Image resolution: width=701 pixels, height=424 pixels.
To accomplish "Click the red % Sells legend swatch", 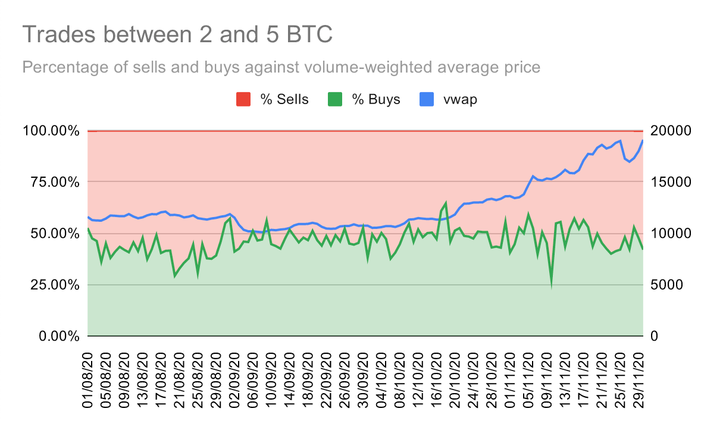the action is click(243, 99).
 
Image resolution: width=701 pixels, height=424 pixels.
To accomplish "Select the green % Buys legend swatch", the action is click(335, 99).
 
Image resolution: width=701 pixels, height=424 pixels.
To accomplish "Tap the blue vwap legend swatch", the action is click(427, 99).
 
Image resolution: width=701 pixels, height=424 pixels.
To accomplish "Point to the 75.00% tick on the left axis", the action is click(51, 183).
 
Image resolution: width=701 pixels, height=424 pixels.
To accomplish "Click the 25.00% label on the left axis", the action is click(51, 285).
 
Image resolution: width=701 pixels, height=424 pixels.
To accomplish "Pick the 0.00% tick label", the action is click(59, 336).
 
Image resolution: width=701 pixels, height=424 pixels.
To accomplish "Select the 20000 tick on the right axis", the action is click(671, 131).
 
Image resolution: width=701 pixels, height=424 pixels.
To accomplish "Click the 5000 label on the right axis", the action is click(666, 285).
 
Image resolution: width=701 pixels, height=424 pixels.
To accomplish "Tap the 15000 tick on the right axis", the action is click(671, 183).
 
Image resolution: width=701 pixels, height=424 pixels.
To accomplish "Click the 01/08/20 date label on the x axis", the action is click(87, 381).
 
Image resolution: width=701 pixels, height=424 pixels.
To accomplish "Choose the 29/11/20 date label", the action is click(639, 381).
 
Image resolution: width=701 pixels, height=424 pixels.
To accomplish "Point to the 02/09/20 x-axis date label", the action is click(234, 381).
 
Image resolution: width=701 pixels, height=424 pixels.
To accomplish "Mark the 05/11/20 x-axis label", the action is click(528, 381).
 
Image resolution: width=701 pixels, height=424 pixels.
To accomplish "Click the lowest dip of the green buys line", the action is click(551, 285).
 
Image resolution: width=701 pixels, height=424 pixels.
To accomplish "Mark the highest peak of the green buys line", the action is click(446, 203).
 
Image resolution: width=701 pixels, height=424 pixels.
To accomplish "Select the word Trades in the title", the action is click(59, 34).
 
